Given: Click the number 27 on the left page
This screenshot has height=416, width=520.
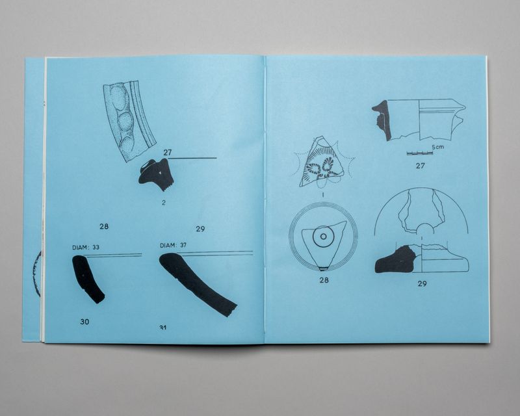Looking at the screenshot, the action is (168, 153).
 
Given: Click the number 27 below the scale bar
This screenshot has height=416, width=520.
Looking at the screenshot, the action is (420, 166).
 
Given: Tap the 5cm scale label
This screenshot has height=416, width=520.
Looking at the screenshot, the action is (437, 147).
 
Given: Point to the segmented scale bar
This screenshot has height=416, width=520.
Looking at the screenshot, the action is (420, 153).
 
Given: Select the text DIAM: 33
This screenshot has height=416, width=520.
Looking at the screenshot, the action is (86, 247).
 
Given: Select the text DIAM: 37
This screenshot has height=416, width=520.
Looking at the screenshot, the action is (173, 246).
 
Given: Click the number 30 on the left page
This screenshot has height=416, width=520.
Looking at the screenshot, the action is (84, 322).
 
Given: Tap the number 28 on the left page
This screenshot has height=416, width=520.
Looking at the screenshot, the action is (104, 227).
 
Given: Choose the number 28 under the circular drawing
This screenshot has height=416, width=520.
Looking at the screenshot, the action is (324, 280).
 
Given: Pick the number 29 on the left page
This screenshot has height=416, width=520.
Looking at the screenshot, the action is (200, 229).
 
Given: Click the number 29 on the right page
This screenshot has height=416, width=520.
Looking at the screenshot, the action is (422, 283).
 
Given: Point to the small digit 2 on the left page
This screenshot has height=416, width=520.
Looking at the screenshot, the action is (164, 203).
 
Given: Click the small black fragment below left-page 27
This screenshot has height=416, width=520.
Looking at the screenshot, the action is (156, 175).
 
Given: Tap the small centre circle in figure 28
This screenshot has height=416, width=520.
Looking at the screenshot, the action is (324, 237).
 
